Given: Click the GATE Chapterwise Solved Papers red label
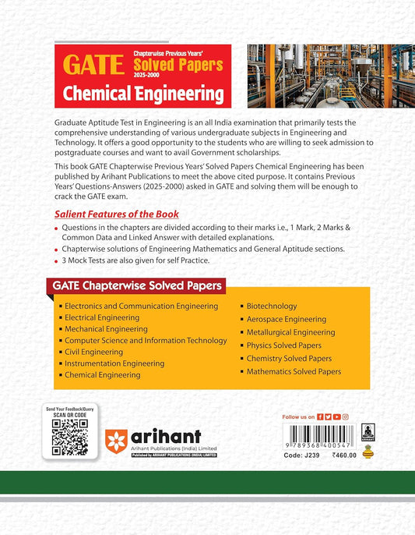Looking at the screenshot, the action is pyautogui.click(x=138, y=285).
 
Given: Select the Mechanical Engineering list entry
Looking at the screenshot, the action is pyautogui.click(x=106, y=329).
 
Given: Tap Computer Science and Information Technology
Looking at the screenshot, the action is pyautogui.click(x=146, y=340).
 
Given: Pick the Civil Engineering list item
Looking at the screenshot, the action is pyautogui.click(x=93, y=352).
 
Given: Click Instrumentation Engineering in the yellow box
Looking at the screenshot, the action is pyautogui.click(x=114, y=363).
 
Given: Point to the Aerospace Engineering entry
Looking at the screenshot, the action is pyautogui.click(x=286, y=320).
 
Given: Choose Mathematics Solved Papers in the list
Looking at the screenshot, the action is pyautogui.click(x=294, y=372).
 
